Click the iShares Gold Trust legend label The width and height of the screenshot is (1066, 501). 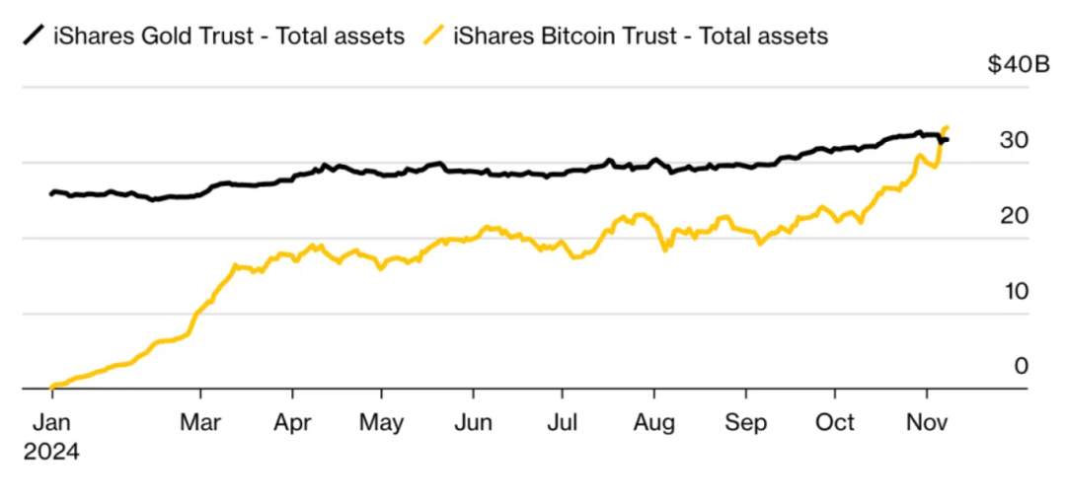point(228,36)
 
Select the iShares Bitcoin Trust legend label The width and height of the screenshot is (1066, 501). point(641,36)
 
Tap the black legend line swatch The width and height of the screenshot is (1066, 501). point(36,36)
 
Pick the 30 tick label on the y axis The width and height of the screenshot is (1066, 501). point(1014,140)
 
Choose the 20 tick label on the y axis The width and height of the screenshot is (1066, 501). point(1014,215)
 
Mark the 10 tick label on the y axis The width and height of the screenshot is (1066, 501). point(1014,291)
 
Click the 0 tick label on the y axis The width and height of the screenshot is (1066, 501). point(1022,366)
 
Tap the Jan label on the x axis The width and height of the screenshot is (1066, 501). point(51,422)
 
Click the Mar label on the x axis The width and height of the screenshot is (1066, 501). point(200,422)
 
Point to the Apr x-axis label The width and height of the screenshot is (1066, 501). point(293,422)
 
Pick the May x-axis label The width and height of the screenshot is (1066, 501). point(382,422)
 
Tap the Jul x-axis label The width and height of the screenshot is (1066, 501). point(562,422)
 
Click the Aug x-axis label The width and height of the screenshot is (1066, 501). point(653,422)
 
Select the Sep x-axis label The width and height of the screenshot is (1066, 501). point(746,422)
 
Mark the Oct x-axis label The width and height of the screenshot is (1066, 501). point(835,422)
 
